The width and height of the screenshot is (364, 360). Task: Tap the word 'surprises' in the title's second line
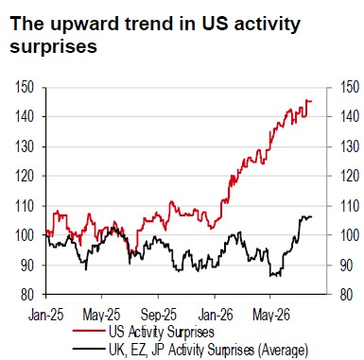coord(53,47)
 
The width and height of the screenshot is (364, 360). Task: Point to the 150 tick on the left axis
coord(25,87)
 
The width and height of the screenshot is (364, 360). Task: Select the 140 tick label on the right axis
coord(350,117)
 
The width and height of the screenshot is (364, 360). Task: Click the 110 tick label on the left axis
coord(25,206)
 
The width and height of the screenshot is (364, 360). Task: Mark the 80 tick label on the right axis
coord(347,295)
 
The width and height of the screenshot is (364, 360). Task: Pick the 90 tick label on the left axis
coord(27,266)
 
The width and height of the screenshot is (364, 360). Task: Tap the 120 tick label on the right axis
coord(350,176)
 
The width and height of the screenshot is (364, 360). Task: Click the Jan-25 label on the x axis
coord(46,315)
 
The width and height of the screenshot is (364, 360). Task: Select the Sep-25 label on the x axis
coord(159,315)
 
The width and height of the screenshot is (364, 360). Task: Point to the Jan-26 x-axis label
coord(216,315)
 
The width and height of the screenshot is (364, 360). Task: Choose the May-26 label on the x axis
coord(271,315)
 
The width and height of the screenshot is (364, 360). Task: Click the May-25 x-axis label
coord(101,315)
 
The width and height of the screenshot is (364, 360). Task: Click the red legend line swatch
coord(89,332)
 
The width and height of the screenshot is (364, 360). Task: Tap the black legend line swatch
coord(89,349)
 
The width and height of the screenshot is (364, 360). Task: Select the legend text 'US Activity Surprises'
coord(162,332)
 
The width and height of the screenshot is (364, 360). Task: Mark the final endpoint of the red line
coord(311,101)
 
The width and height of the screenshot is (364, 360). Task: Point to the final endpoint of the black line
coord(311,216)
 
